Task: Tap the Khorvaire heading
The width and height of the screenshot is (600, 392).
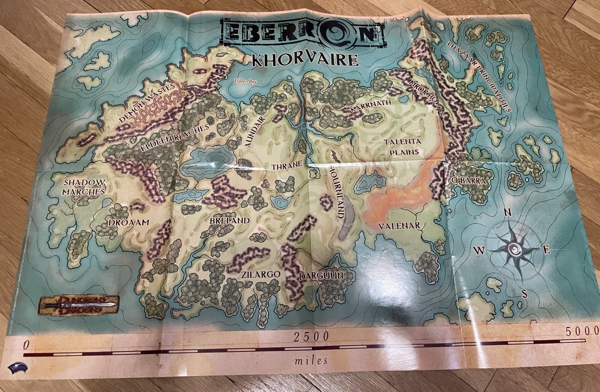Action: (305, 60)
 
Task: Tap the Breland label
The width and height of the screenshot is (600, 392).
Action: (229, 220)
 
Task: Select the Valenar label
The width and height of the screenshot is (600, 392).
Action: (399, 226)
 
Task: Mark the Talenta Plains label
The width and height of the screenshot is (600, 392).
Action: (402, 147)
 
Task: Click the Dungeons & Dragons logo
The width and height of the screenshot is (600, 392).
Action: (79, 304)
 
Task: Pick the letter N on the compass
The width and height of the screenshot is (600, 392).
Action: (507, 212)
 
